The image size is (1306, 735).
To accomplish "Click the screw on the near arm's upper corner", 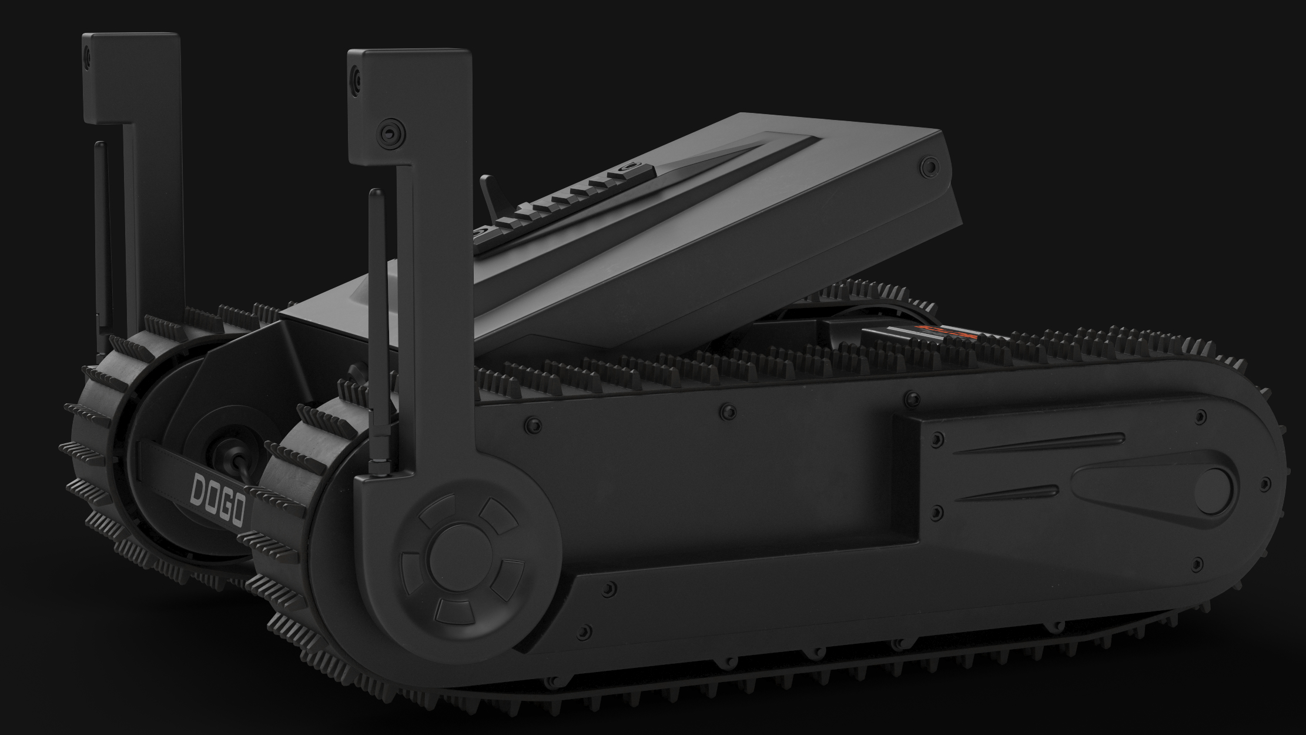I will point(356,76).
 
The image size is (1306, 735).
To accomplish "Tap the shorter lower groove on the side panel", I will point(1008,493).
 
